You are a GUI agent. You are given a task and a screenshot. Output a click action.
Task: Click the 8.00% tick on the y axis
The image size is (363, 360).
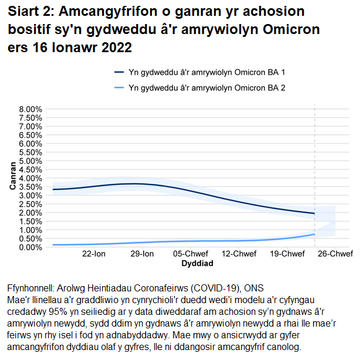(x=30, y=109)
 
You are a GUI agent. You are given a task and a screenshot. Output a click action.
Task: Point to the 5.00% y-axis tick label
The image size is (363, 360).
(x=30, y=161)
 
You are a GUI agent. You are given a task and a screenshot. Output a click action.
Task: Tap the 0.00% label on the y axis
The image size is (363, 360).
(x=30, y=247)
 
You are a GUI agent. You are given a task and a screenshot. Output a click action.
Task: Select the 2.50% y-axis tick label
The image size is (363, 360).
(x=30, y=204)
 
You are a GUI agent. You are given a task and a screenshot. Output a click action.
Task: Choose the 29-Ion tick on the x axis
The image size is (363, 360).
(x=141, y=254)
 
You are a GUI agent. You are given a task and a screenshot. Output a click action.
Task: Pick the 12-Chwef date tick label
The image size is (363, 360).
(x=237, y=254)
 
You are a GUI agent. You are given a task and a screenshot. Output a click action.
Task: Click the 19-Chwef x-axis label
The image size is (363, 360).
(x=287, y=254)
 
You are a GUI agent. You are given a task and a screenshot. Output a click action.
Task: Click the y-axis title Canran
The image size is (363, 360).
(x=12, y=178)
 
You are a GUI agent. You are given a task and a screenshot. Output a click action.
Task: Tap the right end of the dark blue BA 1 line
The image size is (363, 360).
(x=315, y=213)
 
